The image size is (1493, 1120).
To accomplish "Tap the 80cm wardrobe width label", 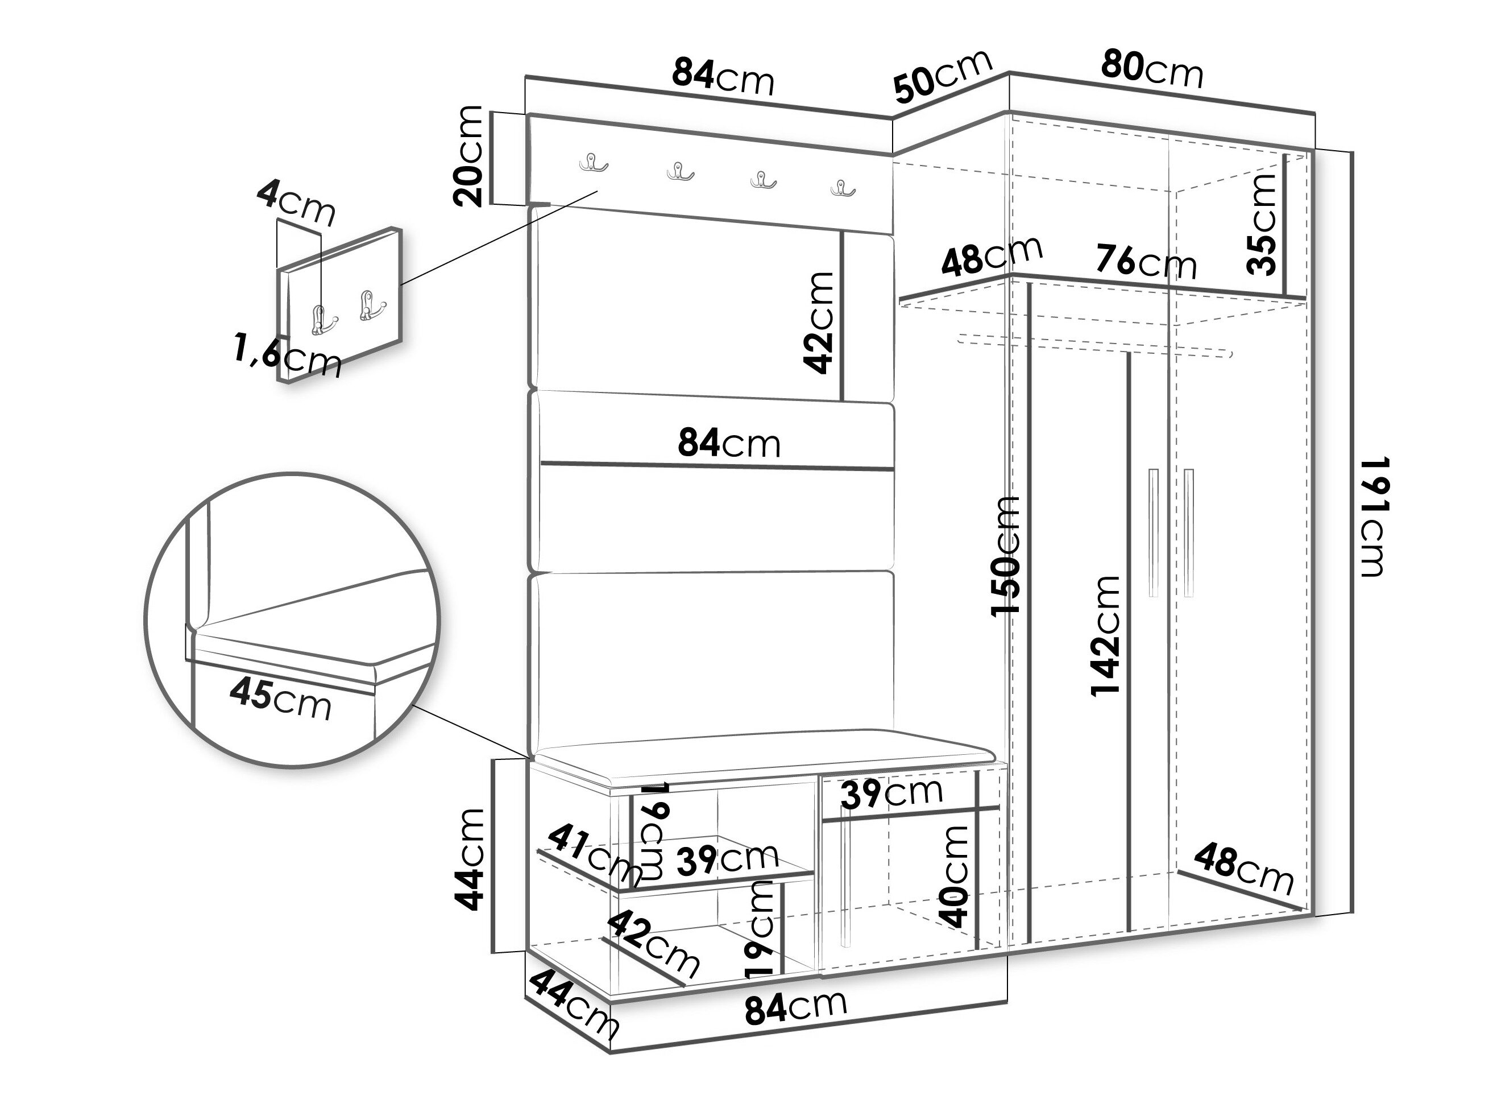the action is pos(1152,69).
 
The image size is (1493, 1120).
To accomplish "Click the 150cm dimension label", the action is pos(1005,556).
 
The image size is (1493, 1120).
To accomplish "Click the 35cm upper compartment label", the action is pos(1262,224).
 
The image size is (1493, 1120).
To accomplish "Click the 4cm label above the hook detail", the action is pos(296,203).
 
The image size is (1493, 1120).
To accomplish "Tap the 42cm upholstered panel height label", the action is pos(819,323).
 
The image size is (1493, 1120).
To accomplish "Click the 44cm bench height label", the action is pos(469,859).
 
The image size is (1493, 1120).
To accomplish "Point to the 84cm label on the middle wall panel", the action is pos(729,444).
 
